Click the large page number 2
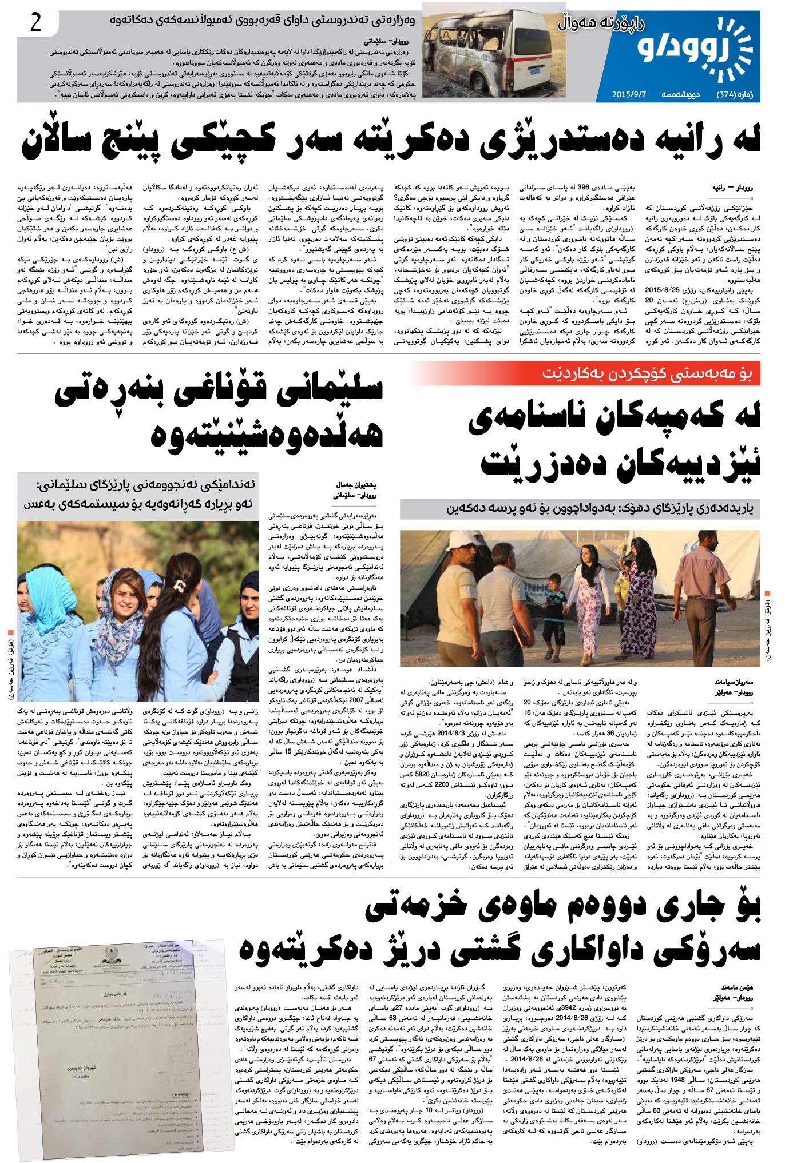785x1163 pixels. pyautogui.click(x=36, y=23)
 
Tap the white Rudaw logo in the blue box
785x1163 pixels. pyautogui.click(x=696, y=51)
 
